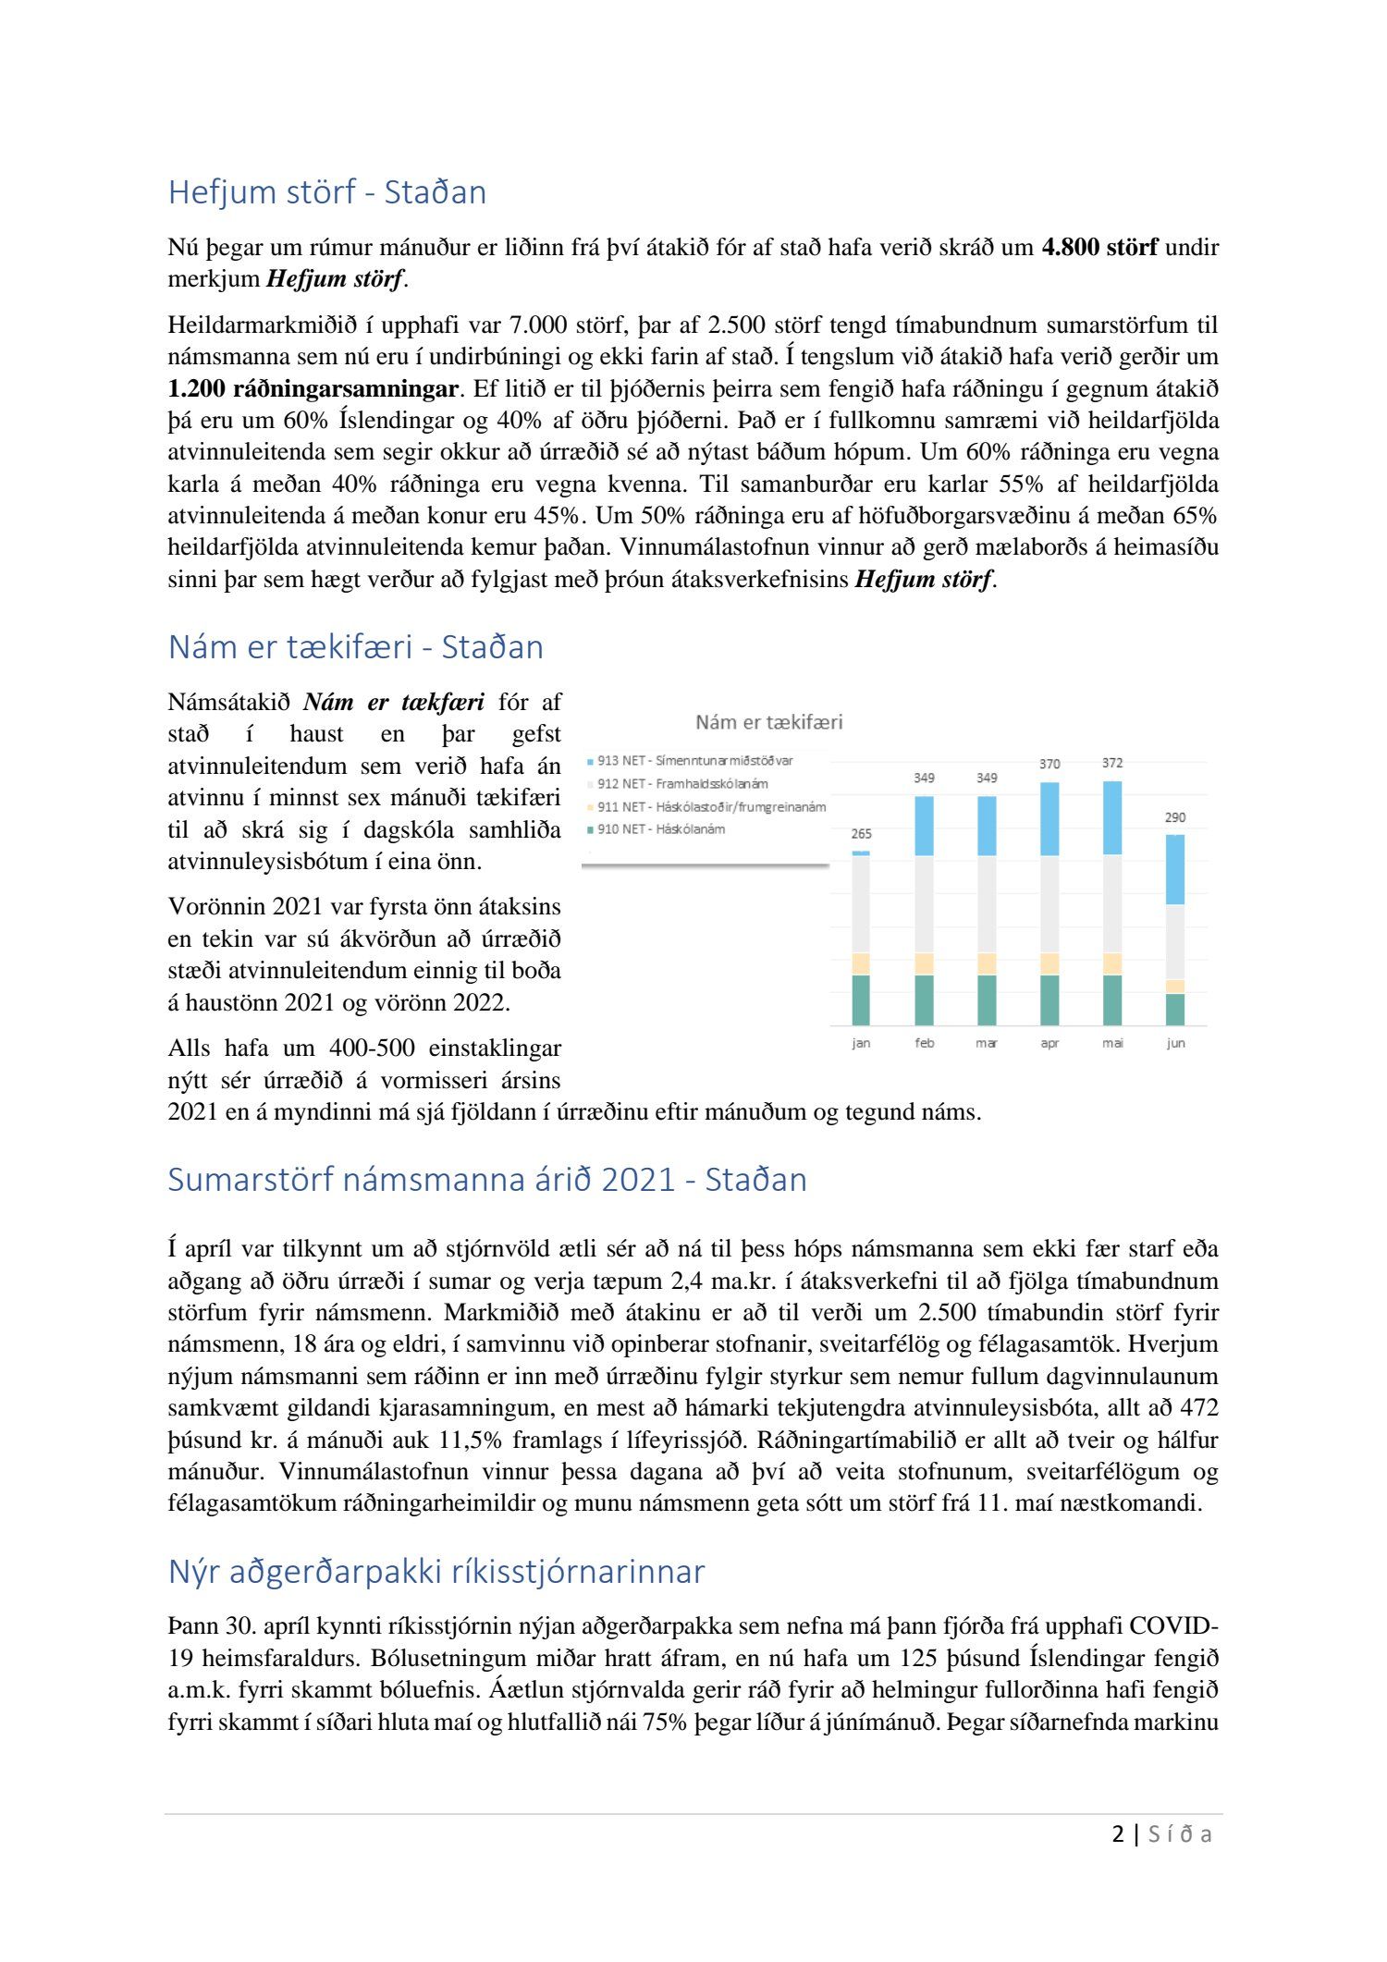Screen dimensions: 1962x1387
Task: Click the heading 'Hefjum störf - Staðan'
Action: pyautogui.click(x=326, y=192)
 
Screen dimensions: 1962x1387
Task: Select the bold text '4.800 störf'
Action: pyautogui.click(x=1099, y=248)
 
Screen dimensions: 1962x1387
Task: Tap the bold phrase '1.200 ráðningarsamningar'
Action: pyautogui.click(x=313, y=389)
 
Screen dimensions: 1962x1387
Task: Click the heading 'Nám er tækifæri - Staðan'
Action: pyautogui.click(x=355, y=647)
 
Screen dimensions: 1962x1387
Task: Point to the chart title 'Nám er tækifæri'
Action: pyautogui.click(x=768, y=722)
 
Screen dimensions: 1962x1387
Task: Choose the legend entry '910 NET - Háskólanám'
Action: pyautogui.click(x=660, y=829)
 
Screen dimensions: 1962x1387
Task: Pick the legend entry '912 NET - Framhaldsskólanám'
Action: pyautogui.click(x=681, y=784)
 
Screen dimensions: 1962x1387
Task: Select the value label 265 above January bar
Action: pyautogui.click(x=861, y=834)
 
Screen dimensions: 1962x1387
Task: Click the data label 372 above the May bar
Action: pyautogui.click(x=1112, y=764)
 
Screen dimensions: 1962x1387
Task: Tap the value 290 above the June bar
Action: pyautogui.click(x=1175, y=818)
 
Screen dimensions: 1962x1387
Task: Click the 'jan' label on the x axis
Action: pyautogui.click(x=861, y=1044)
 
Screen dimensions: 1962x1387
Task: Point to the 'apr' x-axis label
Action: pyautogui.click(x=1049, y=1044)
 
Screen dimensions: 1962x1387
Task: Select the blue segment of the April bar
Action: pyautogui.click(x=1049, y=819)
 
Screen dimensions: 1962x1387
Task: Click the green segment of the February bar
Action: pyautogui.click(x=924, y=999)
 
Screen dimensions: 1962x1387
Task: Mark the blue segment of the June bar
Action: pyautogui.click(x=1175, y=870)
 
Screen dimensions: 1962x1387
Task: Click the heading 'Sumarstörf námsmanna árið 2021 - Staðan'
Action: pyautogui.click(x=487, y=1181)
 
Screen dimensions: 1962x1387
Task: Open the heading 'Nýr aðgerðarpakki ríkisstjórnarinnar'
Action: pyautogui.click(x=436, y=1572)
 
